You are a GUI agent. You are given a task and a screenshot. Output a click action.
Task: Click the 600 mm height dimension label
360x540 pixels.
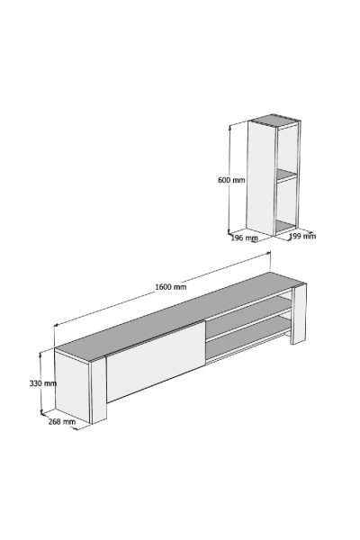(231, 180)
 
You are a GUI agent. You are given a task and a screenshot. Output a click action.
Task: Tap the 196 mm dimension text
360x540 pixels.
(244, 238)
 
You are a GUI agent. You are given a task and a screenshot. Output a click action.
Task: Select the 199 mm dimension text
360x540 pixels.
(301, 237)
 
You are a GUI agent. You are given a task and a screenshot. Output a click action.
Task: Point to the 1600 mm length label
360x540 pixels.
(170, 286)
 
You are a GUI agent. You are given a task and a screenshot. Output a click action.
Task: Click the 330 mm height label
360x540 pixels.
(43, 382)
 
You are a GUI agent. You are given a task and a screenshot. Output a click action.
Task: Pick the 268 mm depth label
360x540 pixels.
(61, 420)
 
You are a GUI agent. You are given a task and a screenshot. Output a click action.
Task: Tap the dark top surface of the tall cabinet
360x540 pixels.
(274, 120)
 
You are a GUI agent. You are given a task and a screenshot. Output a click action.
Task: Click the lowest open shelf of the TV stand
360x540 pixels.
(247, 341)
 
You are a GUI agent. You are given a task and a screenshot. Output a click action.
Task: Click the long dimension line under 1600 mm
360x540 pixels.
(162, 295)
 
